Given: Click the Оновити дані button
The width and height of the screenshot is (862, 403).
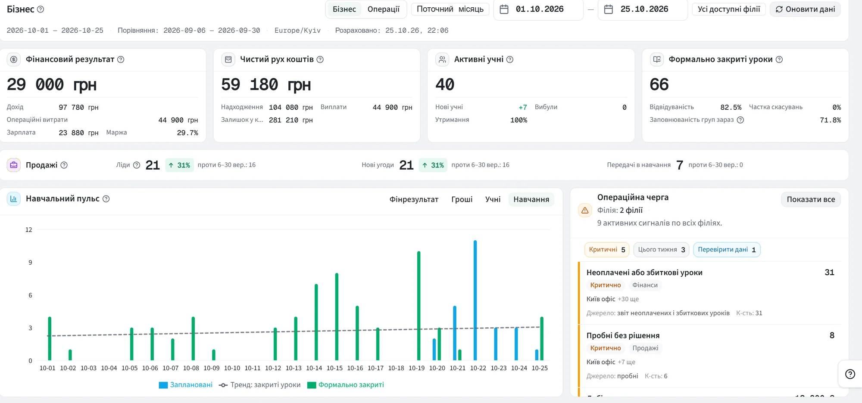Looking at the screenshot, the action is [805, 9].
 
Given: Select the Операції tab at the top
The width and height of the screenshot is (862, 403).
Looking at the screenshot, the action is [384, 9].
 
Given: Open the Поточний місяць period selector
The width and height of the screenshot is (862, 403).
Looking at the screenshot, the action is [450, 9].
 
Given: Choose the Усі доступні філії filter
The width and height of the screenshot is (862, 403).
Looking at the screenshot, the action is [729, 9].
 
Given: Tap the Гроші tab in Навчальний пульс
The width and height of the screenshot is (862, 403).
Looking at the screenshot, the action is [462, 199].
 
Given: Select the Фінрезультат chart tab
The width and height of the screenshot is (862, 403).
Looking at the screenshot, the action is [414, 199].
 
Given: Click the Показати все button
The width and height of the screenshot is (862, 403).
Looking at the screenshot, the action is [811, 199].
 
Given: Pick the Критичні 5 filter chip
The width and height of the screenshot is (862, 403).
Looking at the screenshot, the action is [607, 250].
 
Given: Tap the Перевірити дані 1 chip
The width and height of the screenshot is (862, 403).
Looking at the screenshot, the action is [727, 250].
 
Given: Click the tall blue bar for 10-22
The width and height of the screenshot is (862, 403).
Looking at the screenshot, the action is [475, 300].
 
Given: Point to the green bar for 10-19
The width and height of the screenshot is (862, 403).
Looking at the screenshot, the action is [419, 306].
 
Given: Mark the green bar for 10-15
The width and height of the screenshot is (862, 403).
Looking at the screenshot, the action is [337, 316].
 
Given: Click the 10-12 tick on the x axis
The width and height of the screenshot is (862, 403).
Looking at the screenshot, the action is [273, 368].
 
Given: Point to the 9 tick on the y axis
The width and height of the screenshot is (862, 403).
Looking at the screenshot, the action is [30, 262].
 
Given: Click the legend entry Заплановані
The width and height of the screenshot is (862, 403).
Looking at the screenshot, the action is [186, 385].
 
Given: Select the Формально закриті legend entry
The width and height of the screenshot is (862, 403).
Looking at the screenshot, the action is [346, 385].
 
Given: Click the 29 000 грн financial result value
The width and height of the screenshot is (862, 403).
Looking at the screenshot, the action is [52, 84].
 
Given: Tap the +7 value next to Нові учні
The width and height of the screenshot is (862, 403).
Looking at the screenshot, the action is [523, 107].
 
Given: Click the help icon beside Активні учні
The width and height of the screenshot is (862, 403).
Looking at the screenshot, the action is [510, 59].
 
